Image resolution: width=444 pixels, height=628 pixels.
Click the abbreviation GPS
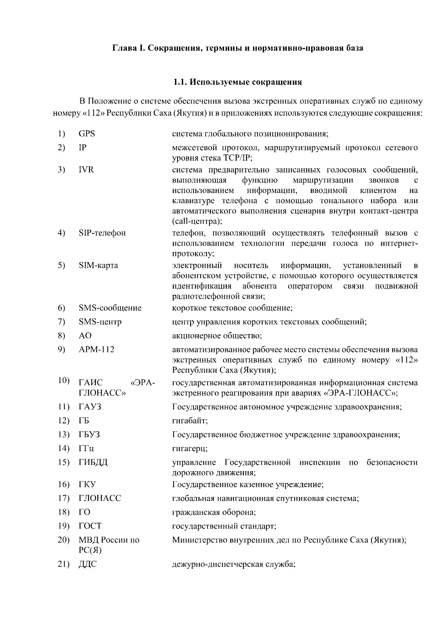point(87,134)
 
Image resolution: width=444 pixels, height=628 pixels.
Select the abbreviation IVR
point(86,170)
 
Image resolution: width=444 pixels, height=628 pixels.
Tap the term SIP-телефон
point(102,233)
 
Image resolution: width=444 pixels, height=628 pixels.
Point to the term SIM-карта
point(98,266)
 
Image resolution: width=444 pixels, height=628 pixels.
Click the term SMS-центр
point(100,322)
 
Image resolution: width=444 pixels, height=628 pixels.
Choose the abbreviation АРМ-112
point(96,350)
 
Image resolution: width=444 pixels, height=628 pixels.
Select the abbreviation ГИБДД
point(93,463)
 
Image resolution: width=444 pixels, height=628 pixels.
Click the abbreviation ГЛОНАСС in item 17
point(100,498)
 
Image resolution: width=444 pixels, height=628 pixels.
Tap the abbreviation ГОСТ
point(90,526)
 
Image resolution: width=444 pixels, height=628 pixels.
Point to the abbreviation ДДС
point(87,565)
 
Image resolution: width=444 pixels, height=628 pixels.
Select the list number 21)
point(64,565)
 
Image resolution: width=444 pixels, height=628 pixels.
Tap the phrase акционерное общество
point(217,336)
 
